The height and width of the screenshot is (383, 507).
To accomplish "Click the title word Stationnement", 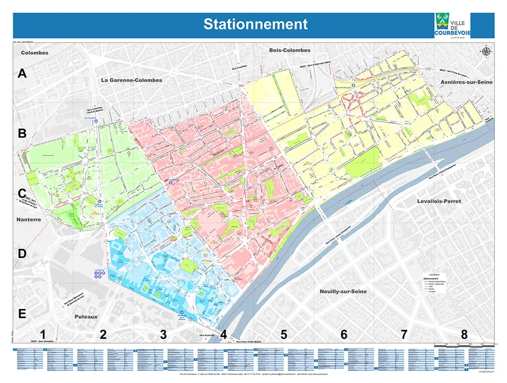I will [x=255, y=24].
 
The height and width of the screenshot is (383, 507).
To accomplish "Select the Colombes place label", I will [x=35, y=52].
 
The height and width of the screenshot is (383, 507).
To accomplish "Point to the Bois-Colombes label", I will [x=289, y=50].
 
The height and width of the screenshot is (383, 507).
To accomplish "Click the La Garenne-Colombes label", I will [x=131, y=80].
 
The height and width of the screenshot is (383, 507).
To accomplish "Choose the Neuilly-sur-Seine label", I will [x=346, y=290].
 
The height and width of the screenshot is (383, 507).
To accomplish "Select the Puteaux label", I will [x=86, y=316].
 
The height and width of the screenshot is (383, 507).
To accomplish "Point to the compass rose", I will [x=487, y=51].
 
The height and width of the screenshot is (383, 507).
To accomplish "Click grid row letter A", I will [x=22, y=74].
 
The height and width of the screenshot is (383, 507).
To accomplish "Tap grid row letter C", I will [x=22, y=193].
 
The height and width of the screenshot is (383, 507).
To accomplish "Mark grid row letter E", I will [x=22, y=314].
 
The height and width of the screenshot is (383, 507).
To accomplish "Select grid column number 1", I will [x=43, y=334].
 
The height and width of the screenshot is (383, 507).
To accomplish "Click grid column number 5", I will [x=284, y=334].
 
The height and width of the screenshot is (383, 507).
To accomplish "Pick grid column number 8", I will [x=464, y=334].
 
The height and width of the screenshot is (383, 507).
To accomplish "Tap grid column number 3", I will [x=163, y=334].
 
